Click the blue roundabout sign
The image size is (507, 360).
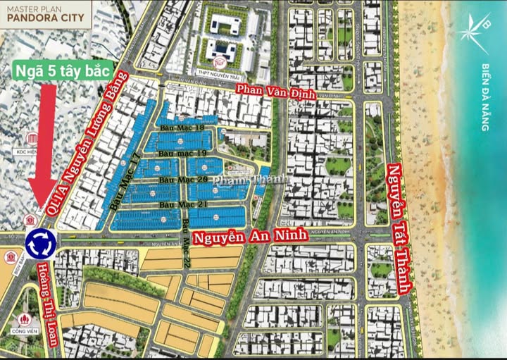pyautogui.click(x=40, y=244)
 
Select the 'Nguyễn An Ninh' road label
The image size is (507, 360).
pyautogui.click(x=251, y=237)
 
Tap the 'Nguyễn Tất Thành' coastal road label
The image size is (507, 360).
pyautogui.click(x=399, y=228)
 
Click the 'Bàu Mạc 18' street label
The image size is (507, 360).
pyautogui.click(x=181, y=128)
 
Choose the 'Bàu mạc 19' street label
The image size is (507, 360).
pyautogui.click(x=181, y=153)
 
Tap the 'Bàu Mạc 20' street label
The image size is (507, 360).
pyautogui.click(x=181, y=180)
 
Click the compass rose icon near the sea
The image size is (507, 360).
pyautogui.click(x=472, y=30)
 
